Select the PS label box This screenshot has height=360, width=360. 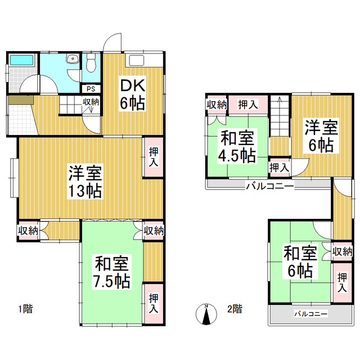click(x=91, y=88)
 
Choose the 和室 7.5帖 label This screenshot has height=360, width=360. click(x=112, y=272)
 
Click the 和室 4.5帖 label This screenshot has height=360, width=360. click(x=236, y=146)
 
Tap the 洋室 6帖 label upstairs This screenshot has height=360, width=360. click(x=321, y=136)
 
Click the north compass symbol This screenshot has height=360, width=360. click(x=207, y=314)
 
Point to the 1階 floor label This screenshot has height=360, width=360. click(x=24, y=308)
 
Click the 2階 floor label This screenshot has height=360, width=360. click(x=235, y=308)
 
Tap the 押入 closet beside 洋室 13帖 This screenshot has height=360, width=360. click(x=153, y=157)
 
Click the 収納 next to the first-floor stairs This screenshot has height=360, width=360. click(x=92, y=102)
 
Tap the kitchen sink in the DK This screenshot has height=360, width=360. click(x=137, y=61)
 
